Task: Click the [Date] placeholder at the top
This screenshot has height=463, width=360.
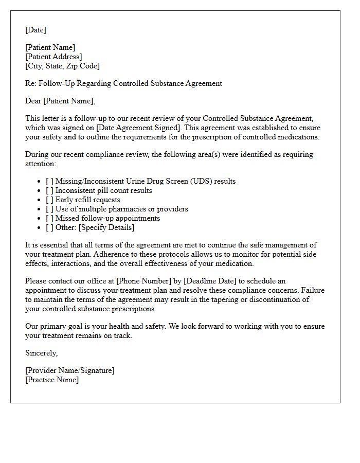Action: (35, 30)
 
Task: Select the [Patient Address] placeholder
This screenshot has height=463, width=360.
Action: (53, 57)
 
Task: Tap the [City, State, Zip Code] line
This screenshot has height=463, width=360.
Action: (62, 66)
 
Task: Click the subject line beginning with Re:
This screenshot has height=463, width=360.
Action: (123, 83)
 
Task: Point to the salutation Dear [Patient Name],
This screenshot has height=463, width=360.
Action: (60, 101)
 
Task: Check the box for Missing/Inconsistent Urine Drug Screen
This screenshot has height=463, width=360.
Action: (49, 181)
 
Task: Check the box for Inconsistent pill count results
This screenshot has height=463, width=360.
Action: (49, 190)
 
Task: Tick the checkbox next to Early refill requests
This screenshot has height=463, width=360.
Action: (49, 200)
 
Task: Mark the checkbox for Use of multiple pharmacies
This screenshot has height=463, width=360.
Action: (49, 209)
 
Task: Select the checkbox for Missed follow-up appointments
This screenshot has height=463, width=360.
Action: (49, 218)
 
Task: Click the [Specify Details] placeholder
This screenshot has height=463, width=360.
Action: (106, 227)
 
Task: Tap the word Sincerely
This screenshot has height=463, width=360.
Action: (41, 353)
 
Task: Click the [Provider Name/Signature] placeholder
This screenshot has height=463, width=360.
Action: (70, 370)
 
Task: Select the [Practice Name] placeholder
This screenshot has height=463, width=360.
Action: (52, 380)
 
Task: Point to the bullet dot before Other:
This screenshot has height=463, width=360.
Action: (40, 227)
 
